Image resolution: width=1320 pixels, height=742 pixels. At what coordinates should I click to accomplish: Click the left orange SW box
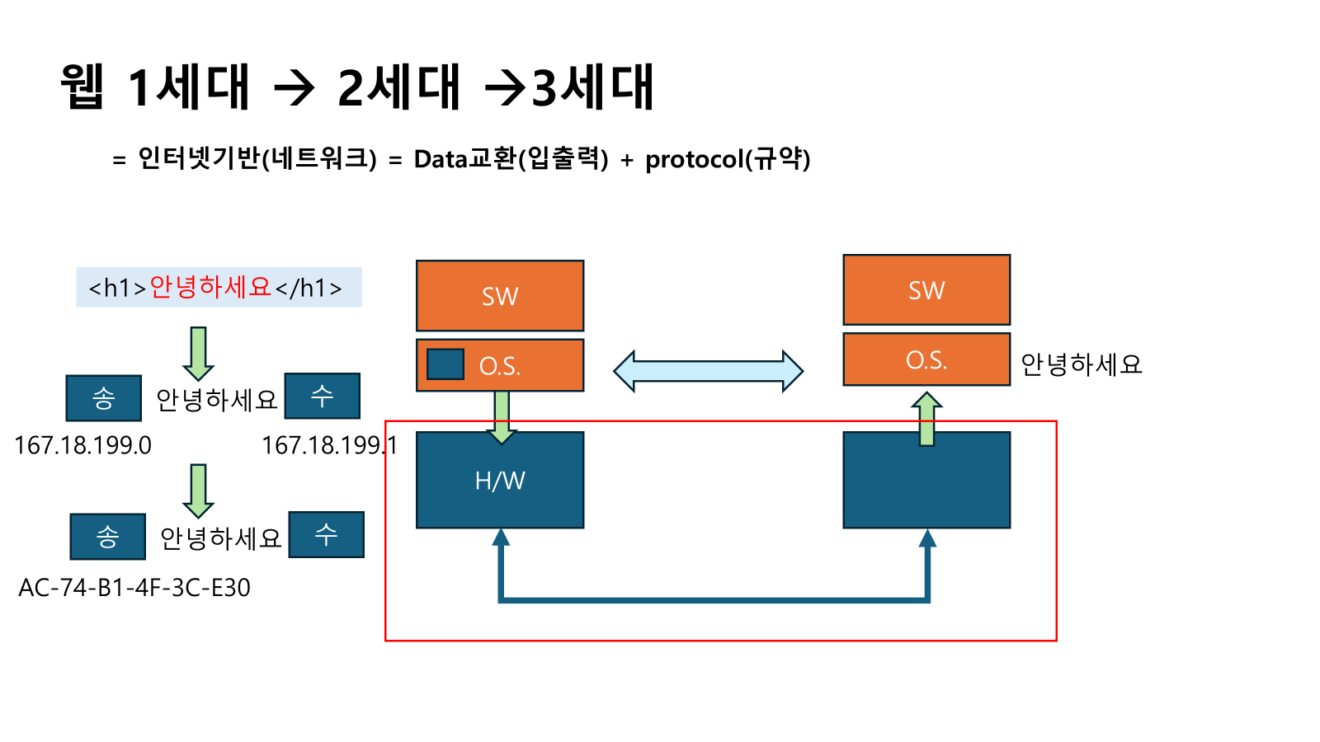click(500, 296)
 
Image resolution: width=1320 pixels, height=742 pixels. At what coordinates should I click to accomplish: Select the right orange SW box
click(926, 290)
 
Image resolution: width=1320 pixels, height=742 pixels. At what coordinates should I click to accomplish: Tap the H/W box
click(500, 480)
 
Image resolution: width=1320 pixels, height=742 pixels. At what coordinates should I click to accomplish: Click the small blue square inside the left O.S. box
click(445, 364)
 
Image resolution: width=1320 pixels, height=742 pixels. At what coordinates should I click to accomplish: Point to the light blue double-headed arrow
click(708, 371)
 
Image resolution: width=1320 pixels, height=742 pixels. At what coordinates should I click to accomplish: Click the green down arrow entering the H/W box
click(502, 416)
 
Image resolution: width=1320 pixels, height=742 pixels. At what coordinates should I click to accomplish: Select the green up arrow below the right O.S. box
click(926, 419)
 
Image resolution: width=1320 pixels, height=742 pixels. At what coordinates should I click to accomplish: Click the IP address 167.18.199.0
click(82, 446)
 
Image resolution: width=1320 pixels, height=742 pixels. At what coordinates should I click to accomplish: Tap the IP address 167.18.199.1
click(329, 446)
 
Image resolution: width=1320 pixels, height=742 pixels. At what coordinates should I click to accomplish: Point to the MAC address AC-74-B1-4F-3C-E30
click(134, 588)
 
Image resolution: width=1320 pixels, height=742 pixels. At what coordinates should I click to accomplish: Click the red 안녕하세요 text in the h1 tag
click(210, 287)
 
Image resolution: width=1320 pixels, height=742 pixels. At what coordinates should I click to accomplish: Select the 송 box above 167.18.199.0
click(103, 398)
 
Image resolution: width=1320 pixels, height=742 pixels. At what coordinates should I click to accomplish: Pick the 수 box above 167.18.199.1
click(322, 396)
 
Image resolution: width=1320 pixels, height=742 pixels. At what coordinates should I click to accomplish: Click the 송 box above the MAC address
click(107, 537)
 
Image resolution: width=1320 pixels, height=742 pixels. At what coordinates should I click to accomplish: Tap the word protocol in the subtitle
click(694, 159)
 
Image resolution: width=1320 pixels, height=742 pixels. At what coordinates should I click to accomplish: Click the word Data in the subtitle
click(441, 159)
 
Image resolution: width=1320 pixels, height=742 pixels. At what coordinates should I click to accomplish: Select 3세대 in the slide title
click(592, 87)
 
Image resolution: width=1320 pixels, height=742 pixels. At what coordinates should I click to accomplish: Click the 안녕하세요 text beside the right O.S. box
click(1081, 364)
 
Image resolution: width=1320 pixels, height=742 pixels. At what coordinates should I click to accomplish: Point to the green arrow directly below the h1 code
click(198, 353)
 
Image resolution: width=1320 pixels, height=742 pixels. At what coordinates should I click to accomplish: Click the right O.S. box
click(926, 359)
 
